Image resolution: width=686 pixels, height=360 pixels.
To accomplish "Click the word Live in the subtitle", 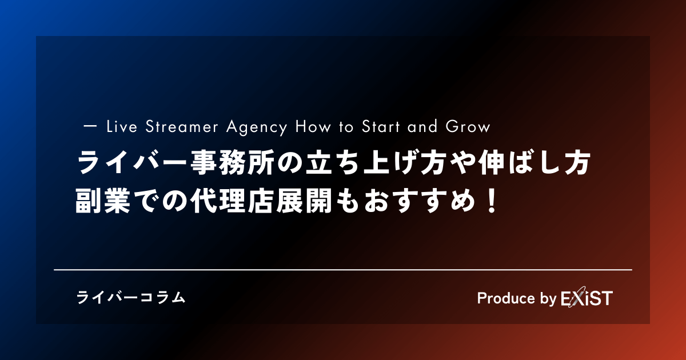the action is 122,127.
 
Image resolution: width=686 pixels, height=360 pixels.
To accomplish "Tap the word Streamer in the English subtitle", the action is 182,127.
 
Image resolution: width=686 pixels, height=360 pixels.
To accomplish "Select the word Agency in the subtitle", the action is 257,127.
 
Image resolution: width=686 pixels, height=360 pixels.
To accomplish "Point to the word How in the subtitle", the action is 313,127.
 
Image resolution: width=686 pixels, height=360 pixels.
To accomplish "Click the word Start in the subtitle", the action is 381,127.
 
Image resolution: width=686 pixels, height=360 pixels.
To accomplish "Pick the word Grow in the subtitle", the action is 468,127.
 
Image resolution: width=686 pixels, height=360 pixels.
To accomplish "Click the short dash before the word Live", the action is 90,126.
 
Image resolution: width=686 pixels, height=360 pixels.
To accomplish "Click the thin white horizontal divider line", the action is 343,270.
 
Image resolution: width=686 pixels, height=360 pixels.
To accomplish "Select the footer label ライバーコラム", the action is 131,298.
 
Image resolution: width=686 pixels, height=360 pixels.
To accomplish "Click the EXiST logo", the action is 587,298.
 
